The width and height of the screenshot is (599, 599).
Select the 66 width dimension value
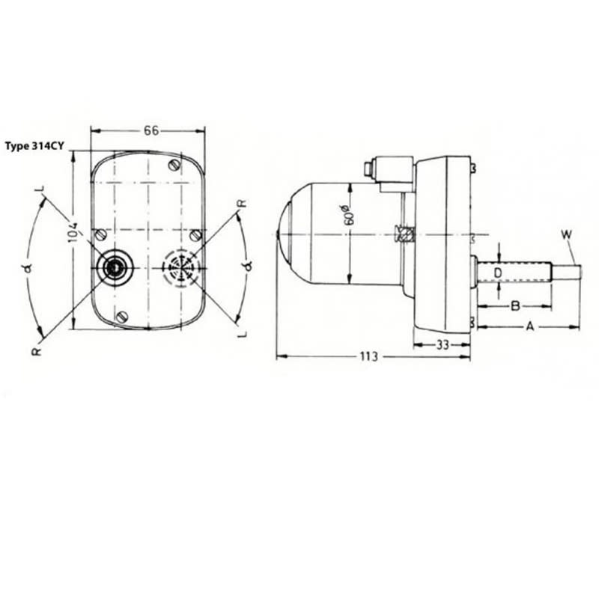150,130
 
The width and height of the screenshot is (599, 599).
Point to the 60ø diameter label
346,214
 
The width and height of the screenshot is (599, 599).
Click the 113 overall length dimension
368,357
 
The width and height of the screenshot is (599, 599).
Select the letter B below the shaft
515,305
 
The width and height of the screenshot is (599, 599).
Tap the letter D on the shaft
497,272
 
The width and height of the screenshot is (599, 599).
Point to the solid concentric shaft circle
115,267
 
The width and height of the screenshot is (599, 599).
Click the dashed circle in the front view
180,267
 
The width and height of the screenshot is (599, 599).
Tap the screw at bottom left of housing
123,315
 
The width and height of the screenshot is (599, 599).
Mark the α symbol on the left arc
29,266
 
